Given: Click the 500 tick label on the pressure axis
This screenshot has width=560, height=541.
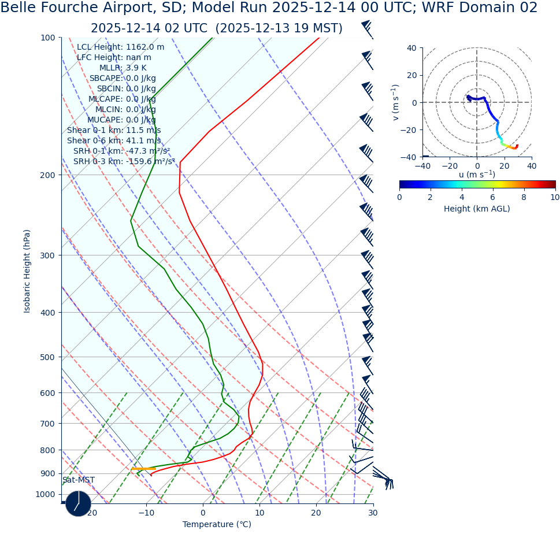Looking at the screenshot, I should tap(47, 357).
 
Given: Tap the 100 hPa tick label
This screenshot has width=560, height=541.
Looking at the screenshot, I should tap(47, 38).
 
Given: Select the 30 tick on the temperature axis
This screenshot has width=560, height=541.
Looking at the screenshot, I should tap(373, 513).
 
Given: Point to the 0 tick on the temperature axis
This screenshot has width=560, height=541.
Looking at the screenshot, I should tap(203, 513).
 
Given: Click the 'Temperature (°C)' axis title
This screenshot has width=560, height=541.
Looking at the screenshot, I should tap(217, 525).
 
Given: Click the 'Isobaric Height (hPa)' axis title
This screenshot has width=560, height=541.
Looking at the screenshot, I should tap(27, 271).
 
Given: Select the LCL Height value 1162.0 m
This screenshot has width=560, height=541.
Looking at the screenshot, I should tap(145, 47).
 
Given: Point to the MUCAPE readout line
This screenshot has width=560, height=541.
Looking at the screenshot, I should tap(121, 120).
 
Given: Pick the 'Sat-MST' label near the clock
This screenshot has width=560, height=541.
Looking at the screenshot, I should tap(79, 480).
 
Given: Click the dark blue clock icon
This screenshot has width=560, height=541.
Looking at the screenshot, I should tap(78, 503).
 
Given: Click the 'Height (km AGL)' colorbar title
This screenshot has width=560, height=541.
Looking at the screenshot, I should tap(477, 209).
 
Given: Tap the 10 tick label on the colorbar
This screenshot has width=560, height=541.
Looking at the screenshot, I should tap(554, 197).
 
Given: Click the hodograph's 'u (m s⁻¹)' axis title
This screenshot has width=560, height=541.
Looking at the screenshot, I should tap(477, 175).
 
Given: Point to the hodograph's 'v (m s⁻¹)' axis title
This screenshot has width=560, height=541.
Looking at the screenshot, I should tap(395, 102).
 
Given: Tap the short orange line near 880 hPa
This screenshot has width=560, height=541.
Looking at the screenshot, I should tap(143, 469).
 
